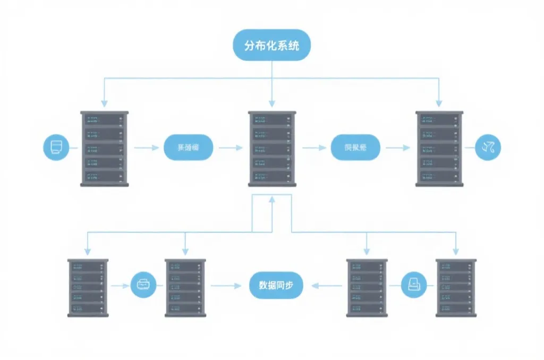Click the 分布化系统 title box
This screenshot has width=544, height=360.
271,45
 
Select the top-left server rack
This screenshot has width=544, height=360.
105,148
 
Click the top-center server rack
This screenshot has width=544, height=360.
272,148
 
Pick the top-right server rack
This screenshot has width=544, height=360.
439,148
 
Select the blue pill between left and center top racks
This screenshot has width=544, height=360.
188,147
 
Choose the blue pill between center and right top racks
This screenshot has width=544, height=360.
355,147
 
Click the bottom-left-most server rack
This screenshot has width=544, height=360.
88,288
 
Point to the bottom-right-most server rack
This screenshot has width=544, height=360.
456,288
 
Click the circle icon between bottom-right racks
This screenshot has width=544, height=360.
414,285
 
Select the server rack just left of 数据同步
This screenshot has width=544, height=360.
185,288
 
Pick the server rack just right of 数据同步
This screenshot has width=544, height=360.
367,288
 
